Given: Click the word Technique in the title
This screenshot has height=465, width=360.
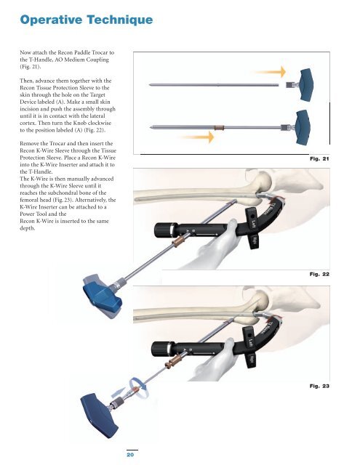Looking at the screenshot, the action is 120,20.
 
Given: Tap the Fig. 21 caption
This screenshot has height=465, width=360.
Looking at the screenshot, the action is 319,158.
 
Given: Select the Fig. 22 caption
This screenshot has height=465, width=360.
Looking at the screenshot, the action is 319,274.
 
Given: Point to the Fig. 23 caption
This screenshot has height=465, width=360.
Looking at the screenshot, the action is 319,386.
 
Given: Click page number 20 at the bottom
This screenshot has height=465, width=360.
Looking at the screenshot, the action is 130,455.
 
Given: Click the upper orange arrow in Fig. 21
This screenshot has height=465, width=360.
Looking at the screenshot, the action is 270,72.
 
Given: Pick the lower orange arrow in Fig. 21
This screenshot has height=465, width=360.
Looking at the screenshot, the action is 197,137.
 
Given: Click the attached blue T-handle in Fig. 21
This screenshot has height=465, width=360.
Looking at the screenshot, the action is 303,128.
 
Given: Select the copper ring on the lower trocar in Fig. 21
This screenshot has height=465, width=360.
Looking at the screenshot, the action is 219,128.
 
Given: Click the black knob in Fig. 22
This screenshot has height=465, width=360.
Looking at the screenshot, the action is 162,230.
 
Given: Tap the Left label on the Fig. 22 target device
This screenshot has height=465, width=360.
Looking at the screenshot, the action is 253,222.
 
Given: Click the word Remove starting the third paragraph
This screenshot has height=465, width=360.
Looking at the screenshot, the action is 30,144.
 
